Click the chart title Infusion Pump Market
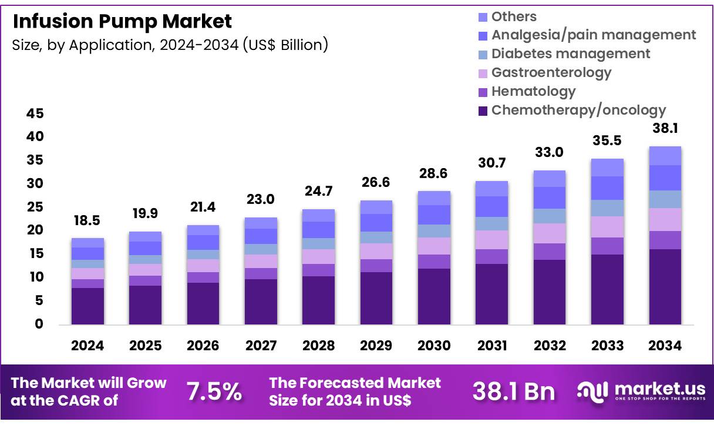point(122,22)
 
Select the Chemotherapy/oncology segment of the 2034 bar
point(665,286)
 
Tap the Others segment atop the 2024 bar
point(87,243)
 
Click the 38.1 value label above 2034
point(665,128)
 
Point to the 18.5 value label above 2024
point(87,221)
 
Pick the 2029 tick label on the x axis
point(376,346)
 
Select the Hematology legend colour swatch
point(483,92)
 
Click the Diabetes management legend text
point(571,53)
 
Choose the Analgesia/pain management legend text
point(594,35)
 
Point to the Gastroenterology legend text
point(551,72)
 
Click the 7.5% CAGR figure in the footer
point(214,392)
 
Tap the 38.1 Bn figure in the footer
point(514,392)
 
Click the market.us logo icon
point(592,391)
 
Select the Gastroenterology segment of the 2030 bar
point(434,246)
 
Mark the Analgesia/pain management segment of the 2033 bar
point(607,188)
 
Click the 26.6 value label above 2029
point(376,183)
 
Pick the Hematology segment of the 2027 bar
point(261,273)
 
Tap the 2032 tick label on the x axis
point(550,346)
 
